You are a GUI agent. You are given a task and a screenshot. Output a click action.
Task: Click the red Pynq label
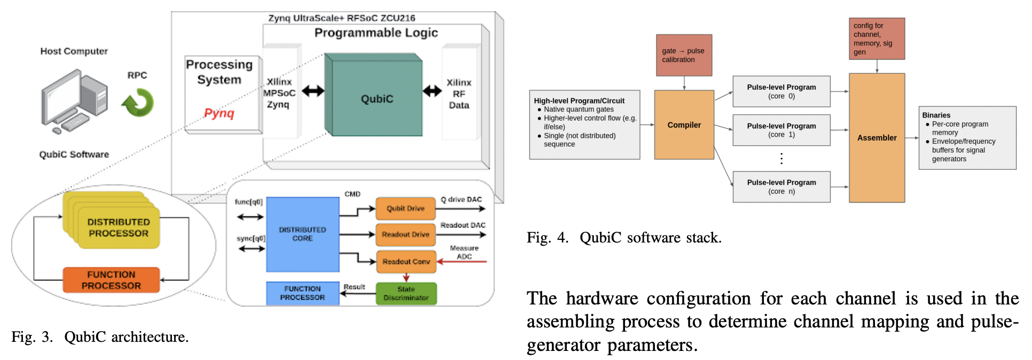tap(219, 113)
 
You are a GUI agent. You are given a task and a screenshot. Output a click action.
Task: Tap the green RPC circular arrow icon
tap(138, 103)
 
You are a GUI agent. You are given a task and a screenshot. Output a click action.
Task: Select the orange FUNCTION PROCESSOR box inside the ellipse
tap(111, 280)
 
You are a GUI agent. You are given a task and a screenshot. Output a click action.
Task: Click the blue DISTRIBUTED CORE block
tap(302, 234)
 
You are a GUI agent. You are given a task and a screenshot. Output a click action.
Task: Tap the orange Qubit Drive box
tap(405, 208)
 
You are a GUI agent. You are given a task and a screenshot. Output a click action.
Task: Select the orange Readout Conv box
tap(406, 262)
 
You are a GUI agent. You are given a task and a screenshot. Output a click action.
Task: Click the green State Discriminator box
tap(406, 293)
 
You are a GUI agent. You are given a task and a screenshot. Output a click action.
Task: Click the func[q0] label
tap(248, 202)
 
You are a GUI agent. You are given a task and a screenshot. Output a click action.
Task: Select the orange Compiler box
tap(684, 125)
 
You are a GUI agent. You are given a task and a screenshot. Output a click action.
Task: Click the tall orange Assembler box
tap(877, 138)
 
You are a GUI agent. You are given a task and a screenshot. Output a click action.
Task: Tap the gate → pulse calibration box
tap(684, 55)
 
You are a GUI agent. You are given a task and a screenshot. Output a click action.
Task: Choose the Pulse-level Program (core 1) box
tap(781, 130)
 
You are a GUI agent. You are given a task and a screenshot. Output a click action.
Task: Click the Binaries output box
tap(967, 138)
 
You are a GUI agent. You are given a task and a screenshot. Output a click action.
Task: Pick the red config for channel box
tap(877, 38)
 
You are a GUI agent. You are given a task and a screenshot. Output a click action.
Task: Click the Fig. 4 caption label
tap(623, 238)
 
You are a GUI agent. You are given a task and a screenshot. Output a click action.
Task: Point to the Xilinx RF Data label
tap(459, 94)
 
